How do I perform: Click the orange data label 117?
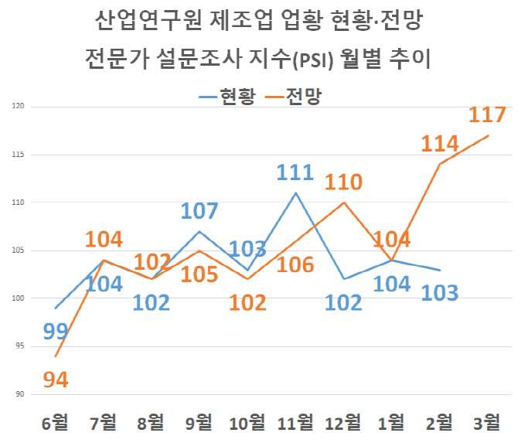pos(487,115)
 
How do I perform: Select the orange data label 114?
pos(439,143)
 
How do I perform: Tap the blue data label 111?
pos(295,172)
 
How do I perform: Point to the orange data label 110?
pos(343,182)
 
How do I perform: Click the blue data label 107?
pos(199,211)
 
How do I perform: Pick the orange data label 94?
pos(56,380)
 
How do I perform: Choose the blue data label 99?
pos(56,332)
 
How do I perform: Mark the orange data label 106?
pos(295,265)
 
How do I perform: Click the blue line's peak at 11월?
pos(295,193)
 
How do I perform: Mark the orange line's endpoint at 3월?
pos(488,135)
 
